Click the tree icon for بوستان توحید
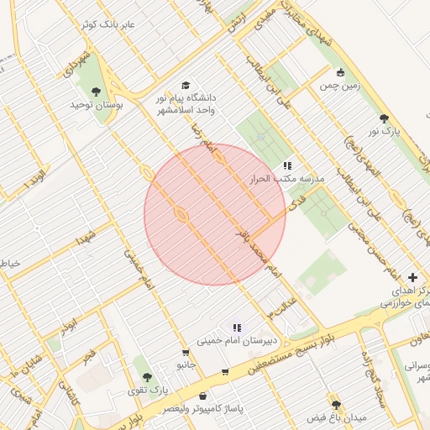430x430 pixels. tap(92, 90)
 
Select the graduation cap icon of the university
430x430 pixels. tap(185, 86)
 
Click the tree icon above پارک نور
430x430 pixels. tap(385, 119)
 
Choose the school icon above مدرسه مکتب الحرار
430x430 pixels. tap(287, 165)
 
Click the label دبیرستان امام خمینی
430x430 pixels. tap(237, 341)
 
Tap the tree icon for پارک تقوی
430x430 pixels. tap(148, 378)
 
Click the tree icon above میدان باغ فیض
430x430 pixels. tap(336, 405)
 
